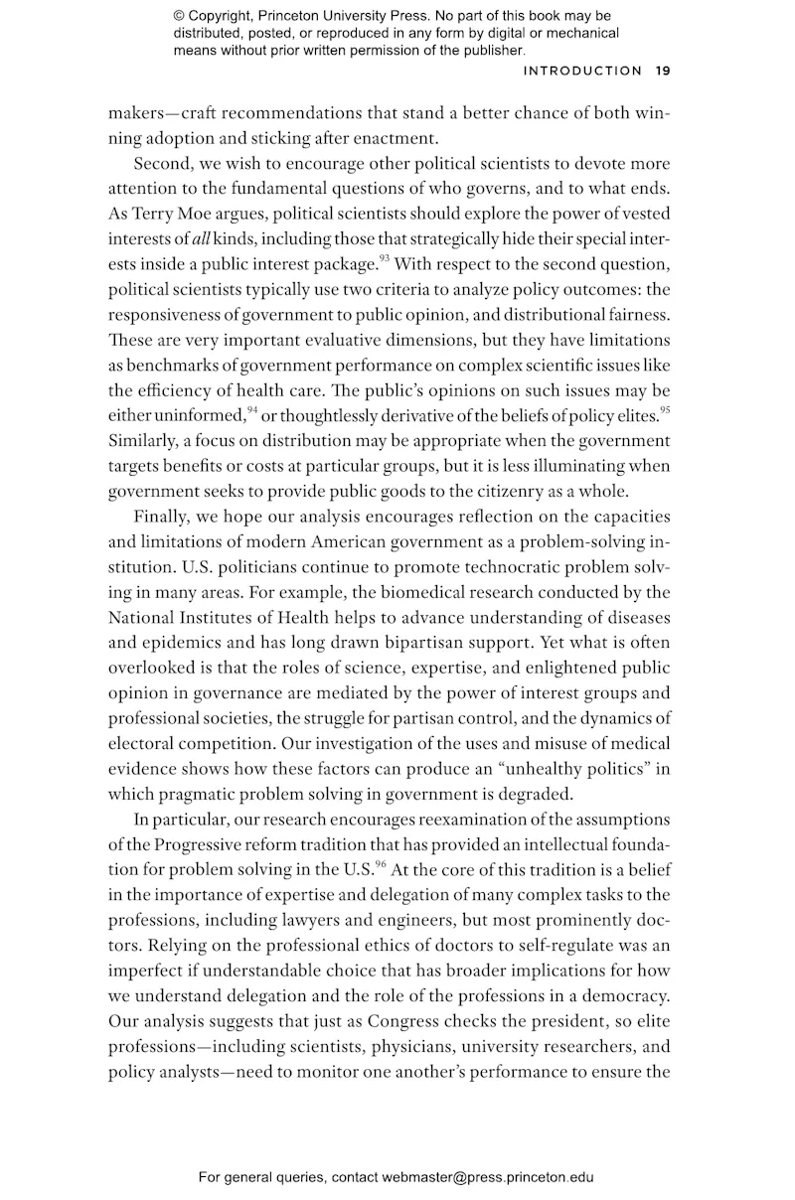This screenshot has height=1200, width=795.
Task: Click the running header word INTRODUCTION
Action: pos(582,71)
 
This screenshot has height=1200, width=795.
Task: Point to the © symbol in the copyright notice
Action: pos(179,17)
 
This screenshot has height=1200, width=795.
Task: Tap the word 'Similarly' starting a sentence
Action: pos(143,440)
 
